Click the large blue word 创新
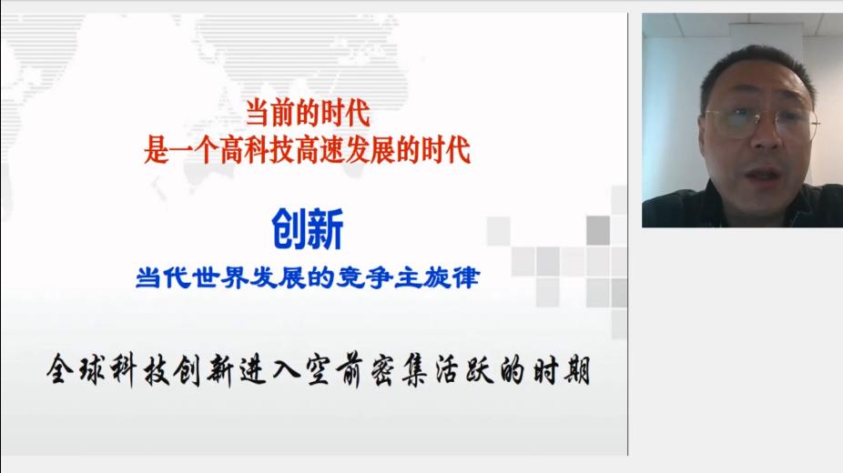click(307, 229)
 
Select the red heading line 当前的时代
click(308, 114)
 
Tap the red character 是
click(157, 150)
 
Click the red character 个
click(207, 150)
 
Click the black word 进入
click(269, 369)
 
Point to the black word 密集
click(398, 369)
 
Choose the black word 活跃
click(463, 369)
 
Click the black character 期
click(577, 369)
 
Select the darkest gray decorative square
click(598, 230)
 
